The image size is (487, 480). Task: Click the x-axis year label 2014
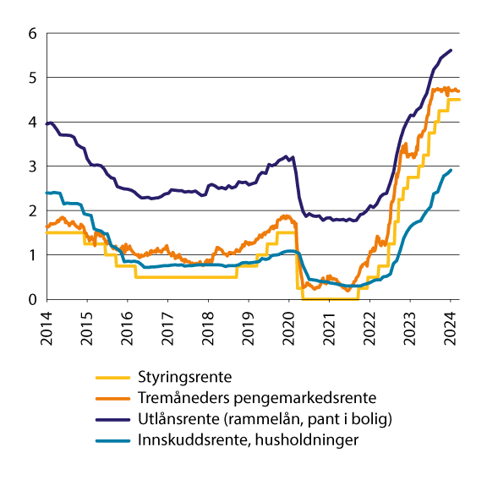click(x=47, y=325)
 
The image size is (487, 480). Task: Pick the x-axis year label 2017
click(x=168, y=325)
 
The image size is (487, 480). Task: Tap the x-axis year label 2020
click(x=289, y=325)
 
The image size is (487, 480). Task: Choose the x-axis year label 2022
click(x=369, y=325)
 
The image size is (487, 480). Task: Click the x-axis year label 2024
click(x=450, y=325)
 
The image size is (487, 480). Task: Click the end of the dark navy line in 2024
click(x=451, y=50)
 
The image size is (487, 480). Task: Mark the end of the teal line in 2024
click(x=451, y=170)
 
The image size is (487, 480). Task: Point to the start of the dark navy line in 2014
click(x=47, y=124)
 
